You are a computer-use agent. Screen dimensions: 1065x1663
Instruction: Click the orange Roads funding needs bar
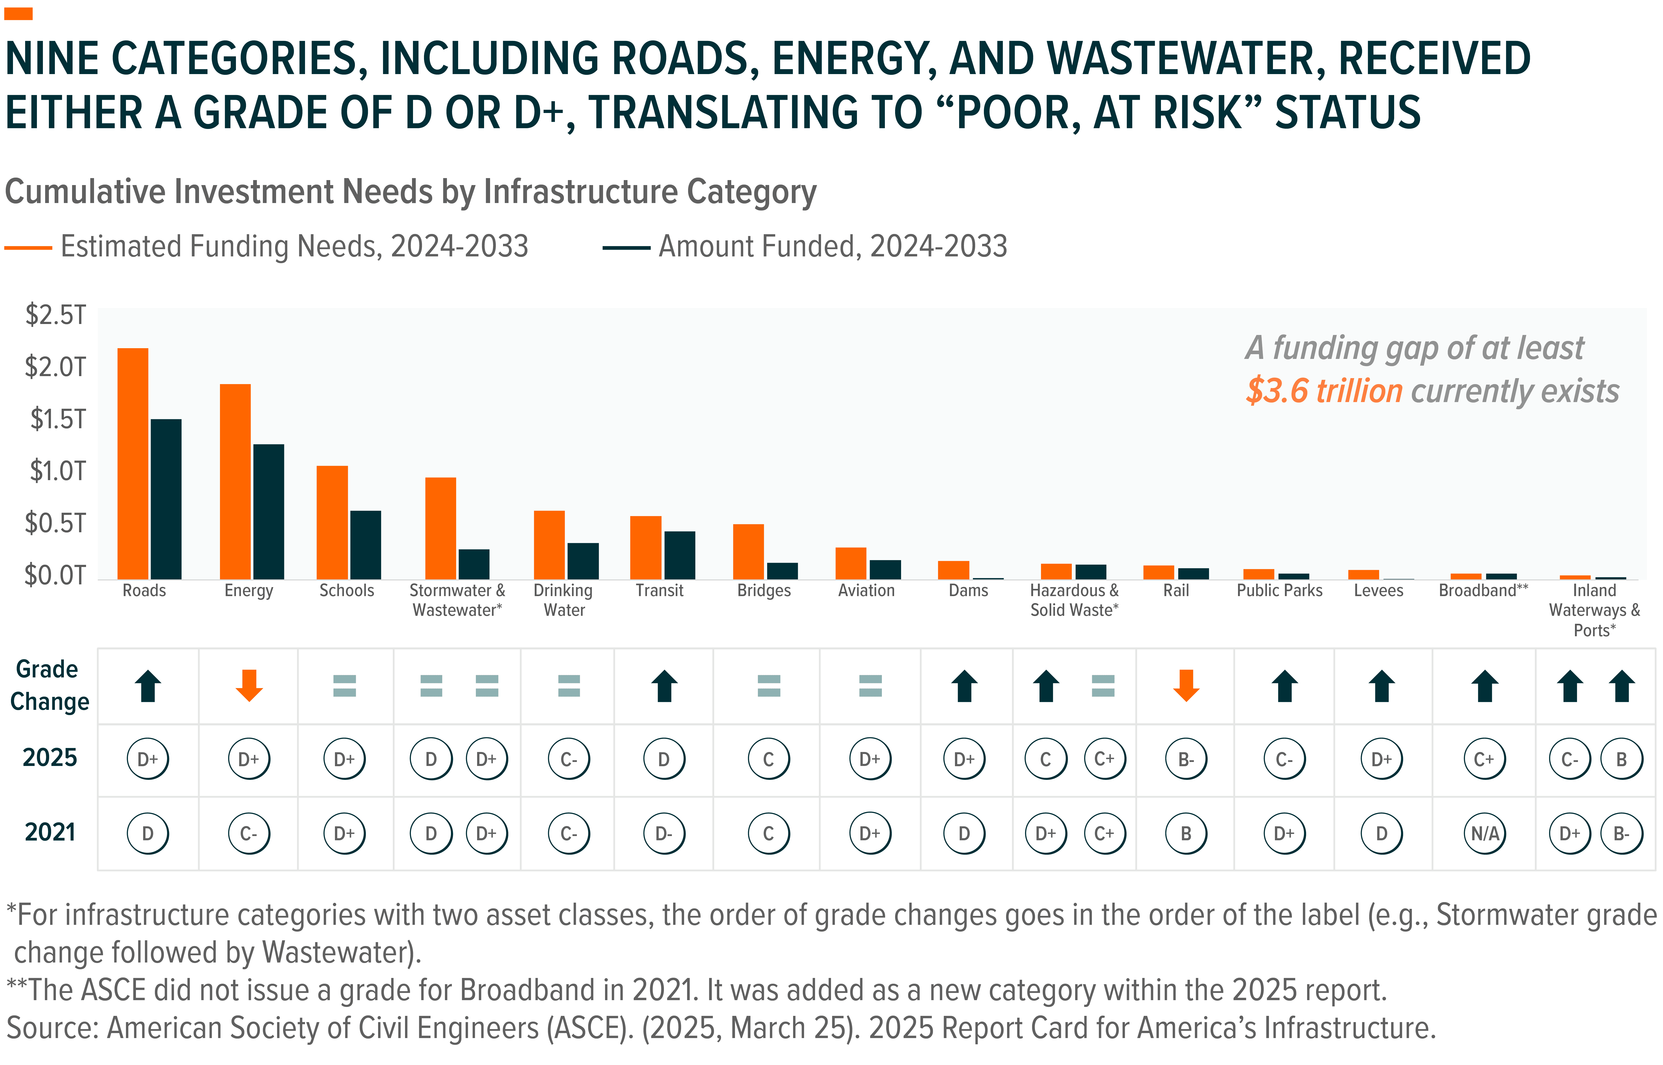pos(133,463)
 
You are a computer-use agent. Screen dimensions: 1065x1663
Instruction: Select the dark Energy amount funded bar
pos(268,512)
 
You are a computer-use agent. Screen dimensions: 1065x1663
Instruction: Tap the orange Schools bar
pos(332,522)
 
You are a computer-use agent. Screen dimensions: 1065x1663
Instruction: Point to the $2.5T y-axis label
pos(55,315)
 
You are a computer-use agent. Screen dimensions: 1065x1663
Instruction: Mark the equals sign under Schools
pos(344,686)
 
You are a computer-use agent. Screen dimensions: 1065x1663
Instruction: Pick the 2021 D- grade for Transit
pos(664,833)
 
